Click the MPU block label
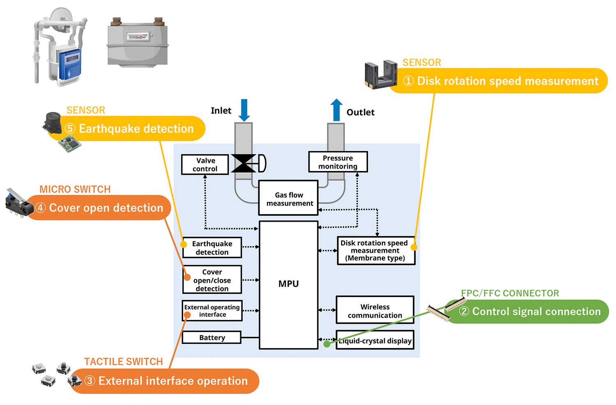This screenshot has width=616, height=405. pyautogui.click(x=288, y=284)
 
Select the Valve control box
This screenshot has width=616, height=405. pyautogui.click(x=205, y=165)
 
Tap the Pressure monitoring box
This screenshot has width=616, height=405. pyautogui.click(x=338, y=162)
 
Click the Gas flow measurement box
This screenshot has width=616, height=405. pyautogui.click(x=289, y=199)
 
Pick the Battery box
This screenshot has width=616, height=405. pyautogui.click(x=212, y=338)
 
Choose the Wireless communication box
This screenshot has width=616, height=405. pyautogui.click(x=375, y=311)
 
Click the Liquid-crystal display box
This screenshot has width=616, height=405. pyautogui.click(x=375, y=341)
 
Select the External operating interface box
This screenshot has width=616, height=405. pyautogui.click(x=212, y=311)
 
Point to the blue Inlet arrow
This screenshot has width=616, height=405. pyautogui.click(x=244, y=110)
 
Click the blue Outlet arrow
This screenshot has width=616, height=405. pyautogui.click(x=336, y=110)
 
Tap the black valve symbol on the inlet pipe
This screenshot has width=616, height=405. pyautogui.click(x=244, y=163)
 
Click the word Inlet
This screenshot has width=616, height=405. pyautogui.click(x=221, y=111)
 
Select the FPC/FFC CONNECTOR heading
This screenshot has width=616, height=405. pyautogui.click(x=510, y=293)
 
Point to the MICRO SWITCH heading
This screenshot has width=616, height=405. pyautogui.click(x=75, y=190)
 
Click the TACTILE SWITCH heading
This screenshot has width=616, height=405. pyautogui.click(x=124, y=362)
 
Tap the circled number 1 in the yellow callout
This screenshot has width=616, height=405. pyautogui.click(x=408, y=81)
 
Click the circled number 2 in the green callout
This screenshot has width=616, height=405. pyautogui.click(x=464, y=311)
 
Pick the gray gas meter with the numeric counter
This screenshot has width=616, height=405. pyautogui.click(x=138, y=42)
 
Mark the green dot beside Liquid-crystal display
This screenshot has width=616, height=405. pyautogui.click(x=327, y=344)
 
